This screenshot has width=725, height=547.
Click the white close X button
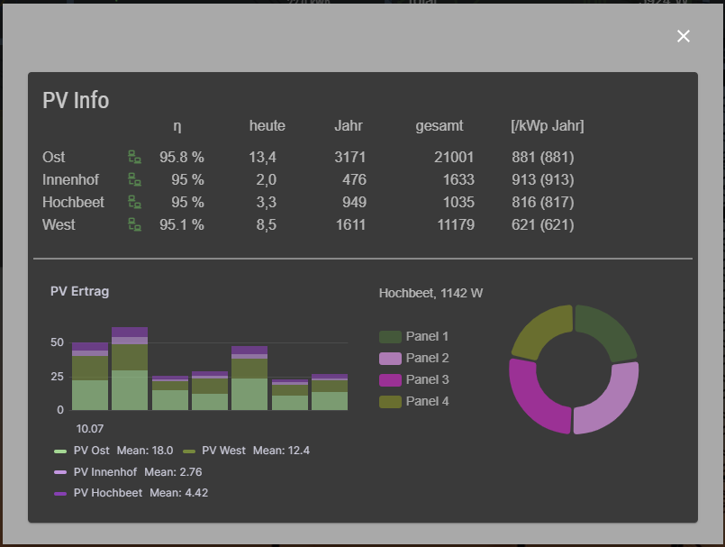coord(684,36)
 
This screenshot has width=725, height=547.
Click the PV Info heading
coord(76,100)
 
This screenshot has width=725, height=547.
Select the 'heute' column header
coord(267,126)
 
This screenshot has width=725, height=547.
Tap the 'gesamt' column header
coord(440,126)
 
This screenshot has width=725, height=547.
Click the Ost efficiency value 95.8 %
coord(182,158)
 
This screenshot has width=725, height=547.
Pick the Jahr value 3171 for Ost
coord(349,158)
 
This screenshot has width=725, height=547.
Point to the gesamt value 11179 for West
coord(456,224)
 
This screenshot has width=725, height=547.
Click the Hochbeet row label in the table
coord(73,202)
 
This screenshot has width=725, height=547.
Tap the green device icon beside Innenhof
coord(134,179)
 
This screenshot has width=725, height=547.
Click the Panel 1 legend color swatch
coord(390,336)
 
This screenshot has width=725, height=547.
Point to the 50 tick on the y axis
coord(57,342)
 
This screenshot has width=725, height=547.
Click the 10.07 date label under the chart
coord(89,428)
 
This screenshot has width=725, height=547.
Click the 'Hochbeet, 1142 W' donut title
coord(430,293)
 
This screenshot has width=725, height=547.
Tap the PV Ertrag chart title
coord(79,291)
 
